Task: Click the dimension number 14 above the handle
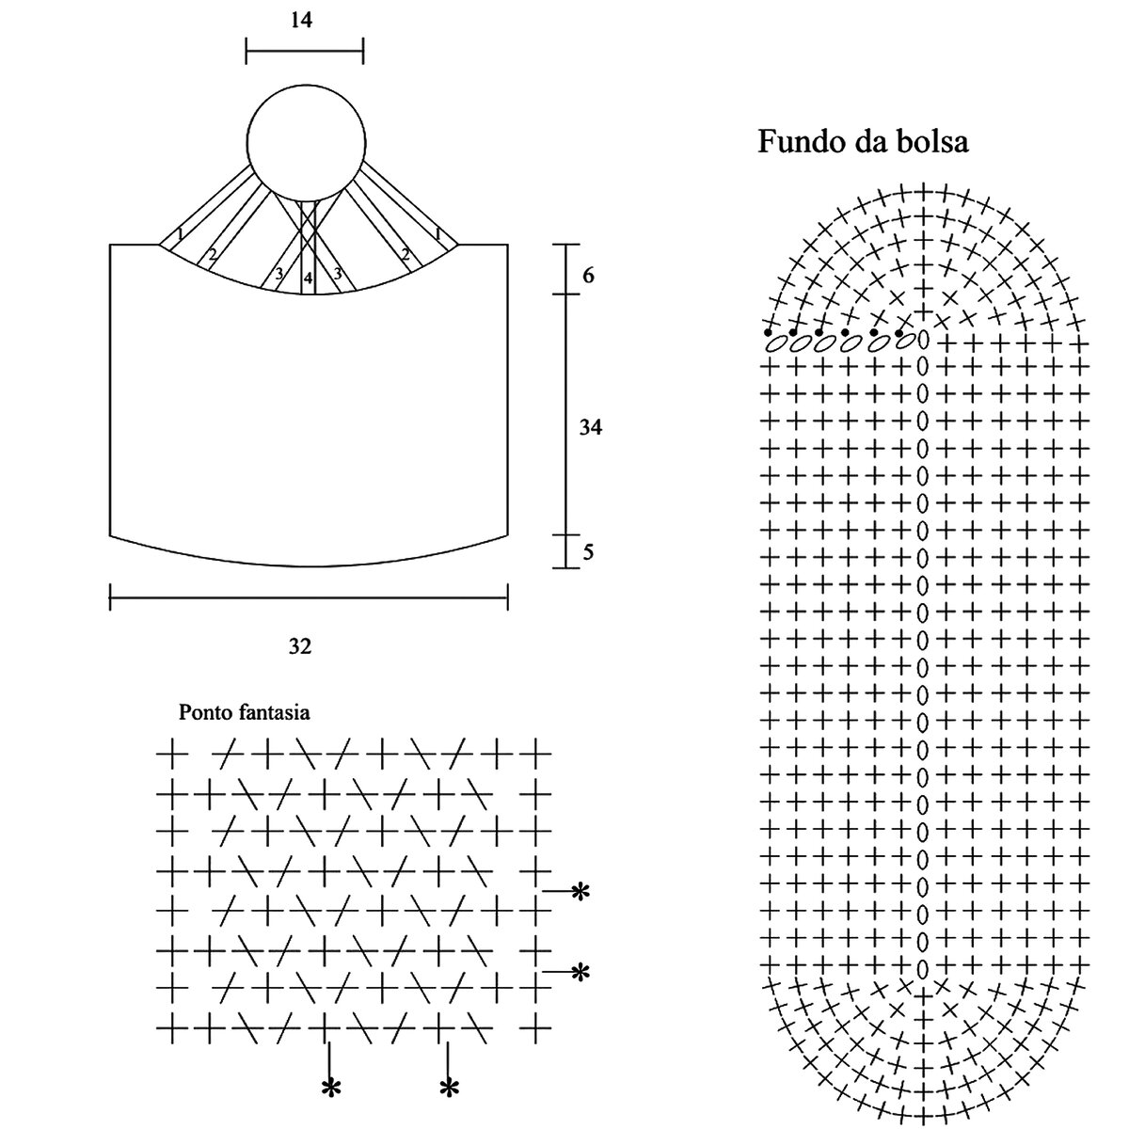click(x=301, y=19)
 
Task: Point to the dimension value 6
click(x=588, y=276)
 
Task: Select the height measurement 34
click(x=590, y=428)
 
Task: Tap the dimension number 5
click(x=588, y=552)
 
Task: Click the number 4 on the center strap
click(x=308, y=278)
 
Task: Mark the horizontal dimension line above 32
click(x=309, y=596)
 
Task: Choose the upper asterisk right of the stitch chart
click(x=580, y=891)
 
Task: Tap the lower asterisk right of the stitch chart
click(x=580, y=972)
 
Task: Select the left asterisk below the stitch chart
click(x=330, y=1089)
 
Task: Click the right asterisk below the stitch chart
click(x=449, y=1089)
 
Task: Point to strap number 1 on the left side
click(x=179, y=234)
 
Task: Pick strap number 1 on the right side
click(x=438, y=234)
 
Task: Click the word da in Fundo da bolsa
click(x=867, y=143)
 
